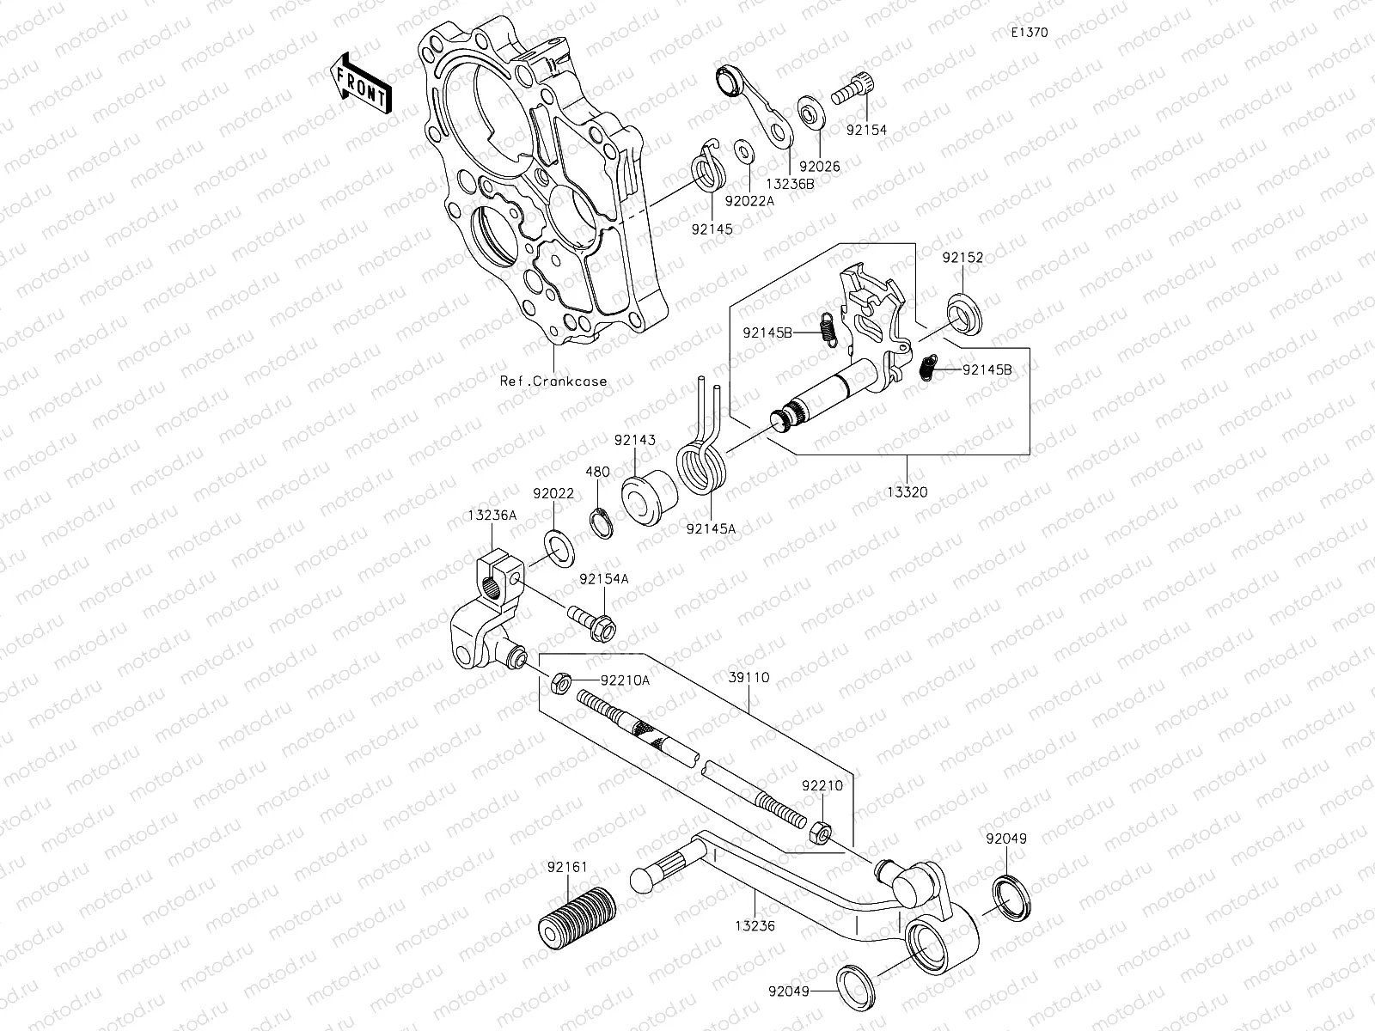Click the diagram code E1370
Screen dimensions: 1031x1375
pyautogui.click(x=1029, y=34)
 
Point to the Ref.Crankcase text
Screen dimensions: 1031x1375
pyautogui.click(x=553, y=381)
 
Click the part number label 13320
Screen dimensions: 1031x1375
pyautogui.click(x=908, y=492)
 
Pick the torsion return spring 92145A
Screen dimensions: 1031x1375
pyautogui.click(x=702, y=471)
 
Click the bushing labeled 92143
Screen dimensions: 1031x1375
pyautogui.click(x=649, y=497)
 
